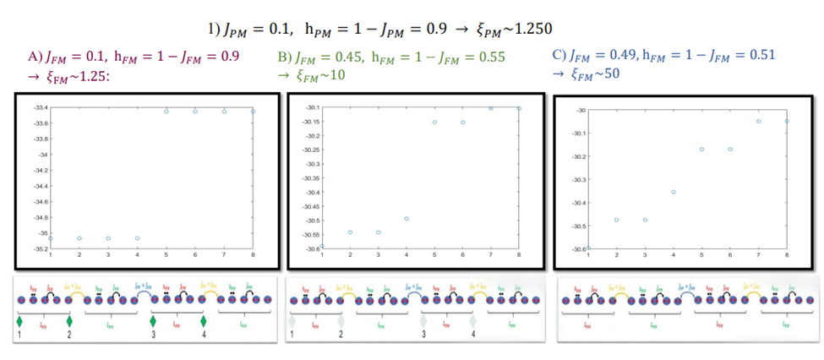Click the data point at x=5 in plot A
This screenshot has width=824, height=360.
tap(166, 112)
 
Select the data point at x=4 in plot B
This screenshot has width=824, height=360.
tap(407, 219)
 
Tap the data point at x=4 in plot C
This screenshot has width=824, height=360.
tap(674, 192)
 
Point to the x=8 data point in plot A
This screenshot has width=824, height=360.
tap(253, 112)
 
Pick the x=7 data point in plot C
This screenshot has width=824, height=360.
tap(759, 121)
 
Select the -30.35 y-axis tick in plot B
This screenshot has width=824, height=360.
tap(309, 178)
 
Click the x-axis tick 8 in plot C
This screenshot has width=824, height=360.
tap(787, 254)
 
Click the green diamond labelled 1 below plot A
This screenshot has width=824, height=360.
tap(19, 321)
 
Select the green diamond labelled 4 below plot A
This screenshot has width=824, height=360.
tap(204, 321)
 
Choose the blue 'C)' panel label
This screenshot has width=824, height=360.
tap(559, 55)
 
